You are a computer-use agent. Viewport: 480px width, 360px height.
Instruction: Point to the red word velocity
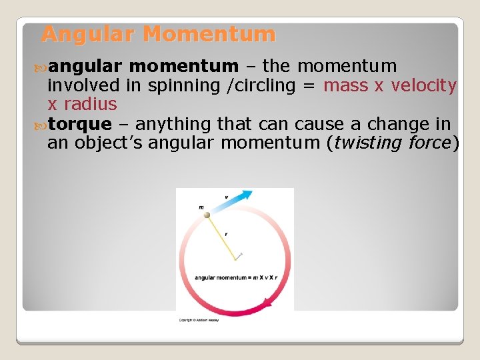(424, 85)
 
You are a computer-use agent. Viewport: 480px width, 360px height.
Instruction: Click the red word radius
(90, 105)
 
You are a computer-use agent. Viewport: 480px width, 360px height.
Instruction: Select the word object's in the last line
(108, 143)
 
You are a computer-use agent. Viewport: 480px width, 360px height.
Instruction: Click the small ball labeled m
(207, 215)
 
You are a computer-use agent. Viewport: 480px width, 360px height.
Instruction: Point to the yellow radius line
(223, 236)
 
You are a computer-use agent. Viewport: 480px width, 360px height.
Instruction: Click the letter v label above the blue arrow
(225, 197)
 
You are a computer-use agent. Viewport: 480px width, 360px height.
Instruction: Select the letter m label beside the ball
(201, 207)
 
